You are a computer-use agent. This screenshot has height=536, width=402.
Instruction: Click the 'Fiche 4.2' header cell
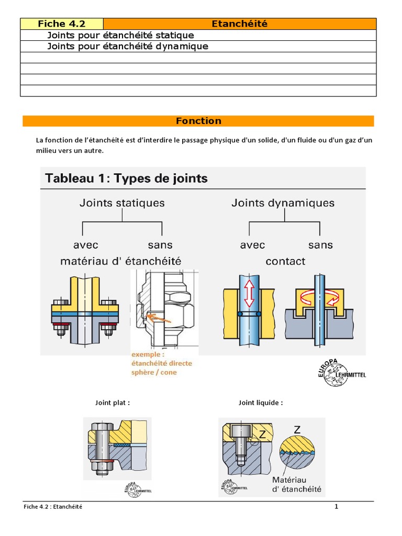coord(62,24)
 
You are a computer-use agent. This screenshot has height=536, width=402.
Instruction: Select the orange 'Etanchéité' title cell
coord(239,24)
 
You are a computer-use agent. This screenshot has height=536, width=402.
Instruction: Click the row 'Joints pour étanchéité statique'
coord(120,35)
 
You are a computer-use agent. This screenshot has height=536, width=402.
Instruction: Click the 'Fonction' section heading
coord(198,121)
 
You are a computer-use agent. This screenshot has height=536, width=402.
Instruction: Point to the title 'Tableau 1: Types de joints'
coord(127,178)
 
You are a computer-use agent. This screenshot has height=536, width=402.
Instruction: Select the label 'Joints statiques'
coord(122,203)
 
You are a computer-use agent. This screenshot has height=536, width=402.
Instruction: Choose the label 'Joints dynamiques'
coord(283,203)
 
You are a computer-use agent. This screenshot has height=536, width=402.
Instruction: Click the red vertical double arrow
coord(249,294)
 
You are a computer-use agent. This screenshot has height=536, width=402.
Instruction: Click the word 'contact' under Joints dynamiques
coord(285,261)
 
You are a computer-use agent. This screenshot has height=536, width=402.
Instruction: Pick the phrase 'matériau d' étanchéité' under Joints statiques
coord(121,261)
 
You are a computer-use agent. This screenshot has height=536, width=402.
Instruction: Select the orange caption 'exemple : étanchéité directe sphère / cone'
coord(162,364)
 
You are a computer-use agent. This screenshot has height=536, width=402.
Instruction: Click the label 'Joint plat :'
coord(112,403)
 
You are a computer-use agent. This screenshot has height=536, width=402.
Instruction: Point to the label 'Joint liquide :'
coord(261,403)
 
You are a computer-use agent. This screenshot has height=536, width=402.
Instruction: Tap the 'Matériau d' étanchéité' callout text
coord(297,484)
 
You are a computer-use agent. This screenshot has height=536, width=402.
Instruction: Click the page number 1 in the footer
coord(337,506)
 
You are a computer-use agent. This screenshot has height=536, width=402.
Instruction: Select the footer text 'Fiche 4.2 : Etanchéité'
coord(53,507)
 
